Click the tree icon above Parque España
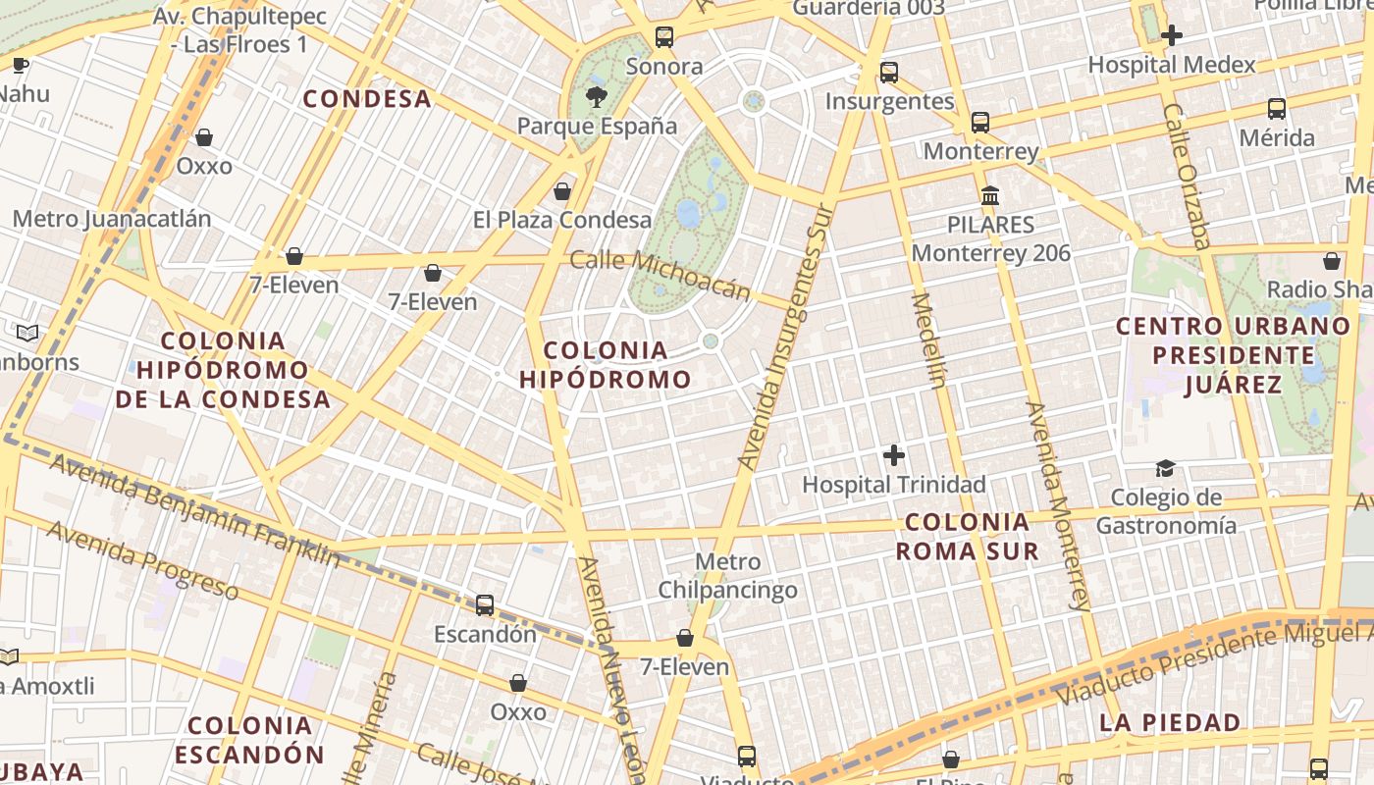pos(596,96)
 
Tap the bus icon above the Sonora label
pos(664,38)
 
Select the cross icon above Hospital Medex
pos(1171,35)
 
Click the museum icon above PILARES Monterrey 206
pos(990,195)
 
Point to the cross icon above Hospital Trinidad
pos(894,455)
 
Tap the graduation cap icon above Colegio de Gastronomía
pos(1165,468)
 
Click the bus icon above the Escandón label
pos(485,604)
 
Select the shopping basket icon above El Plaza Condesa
pos(562,190)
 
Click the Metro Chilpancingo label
pos(727,576)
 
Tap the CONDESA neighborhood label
pos(367,99)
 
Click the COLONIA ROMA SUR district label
pos(967,536)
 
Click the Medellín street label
pos(928,340)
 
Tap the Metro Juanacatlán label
pos(112,218)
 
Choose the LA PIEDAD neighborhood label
pos(1170,723)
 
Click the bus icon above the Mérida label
pos(1276,109)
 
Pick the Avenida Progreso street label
pos(142,560)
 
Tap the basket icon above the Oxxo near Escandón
pos(518,682)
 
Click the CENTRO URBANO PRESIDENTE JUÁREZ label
pos(1234,354)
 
